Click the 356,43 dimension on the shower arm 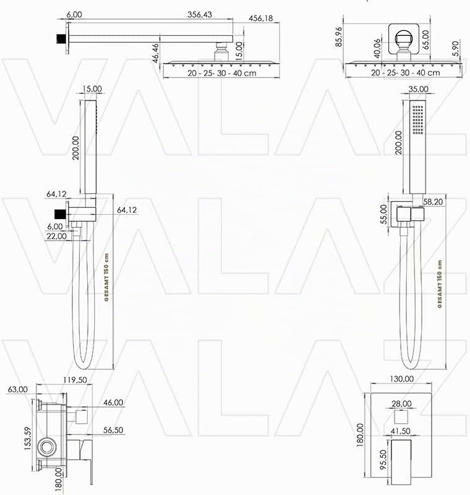pos(200,14)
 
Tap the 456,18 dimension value pos(261,19)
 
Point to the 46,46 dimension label pos(156,53)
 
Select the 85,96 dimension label pos(339,37)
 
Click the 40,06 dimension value pos(377,49)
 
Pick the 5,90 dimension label pos(456,49)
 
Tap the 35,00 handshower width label pos(418,89)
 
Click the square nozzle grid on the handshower pos(418,119)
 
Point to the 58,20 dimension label pos(433,202)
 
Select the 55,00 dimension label pos(383,214)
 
